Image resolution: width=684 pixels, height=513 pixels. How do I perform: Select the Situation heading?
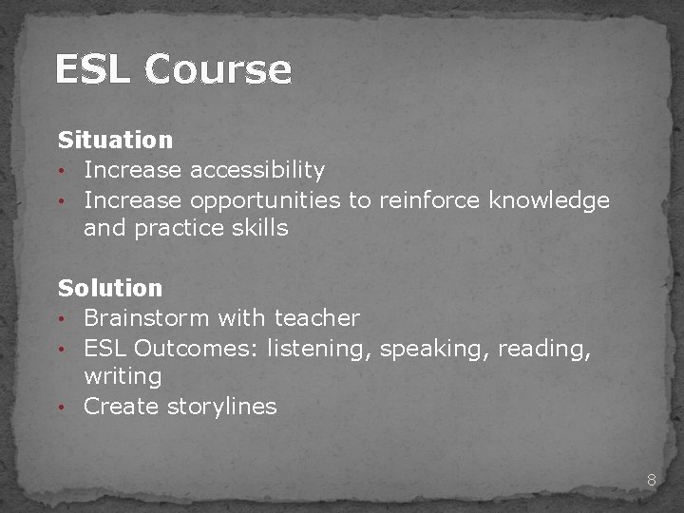(x=115, y=140)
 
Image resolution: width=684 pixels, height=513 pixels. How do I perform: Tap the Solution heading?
(x=110, y=287)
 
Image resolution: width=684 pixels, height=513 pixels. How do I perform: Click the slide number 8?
(x=652, y=480)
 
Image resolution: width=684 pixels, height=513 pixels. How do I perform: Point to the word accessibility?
(x=257, y=170)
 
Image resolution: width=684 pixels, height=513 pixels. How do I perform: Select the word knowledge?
(x=548, y=200)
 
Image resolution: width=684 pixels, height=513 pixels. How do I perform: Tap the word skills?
(x=257, y=228)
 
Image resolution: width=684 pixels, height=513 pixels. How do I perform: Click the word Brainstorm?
(x=146, y=317)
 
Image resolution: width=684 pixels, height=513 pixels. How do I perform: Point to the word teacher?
(x=316, y=317)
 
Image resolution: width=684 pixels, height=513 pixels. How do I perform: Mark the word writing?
(x=123, y=376)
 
